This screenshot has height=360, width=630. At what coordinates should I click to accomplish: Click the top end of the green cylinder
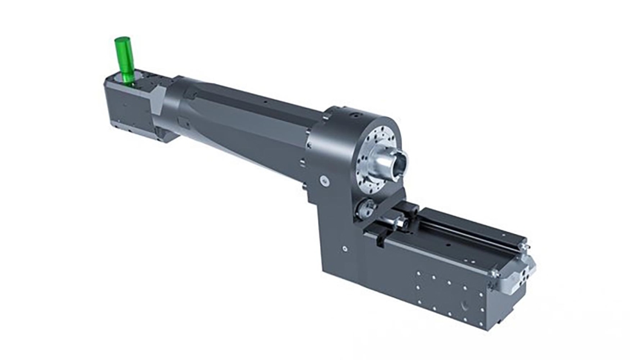click(x=122, y=41)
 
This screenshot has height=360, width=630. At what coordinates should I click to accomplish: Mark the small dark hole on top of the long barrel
click(x=265, y=102)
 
